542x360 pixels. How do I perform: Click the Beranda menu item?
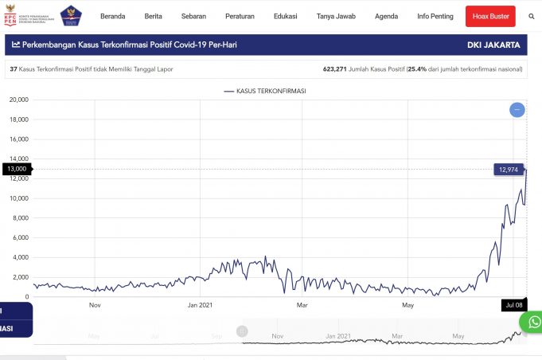coord(112,16)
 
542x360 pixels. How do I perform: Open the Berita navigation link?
coord(154,16)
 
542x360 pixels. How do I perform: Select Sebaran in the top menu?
coord(193,16)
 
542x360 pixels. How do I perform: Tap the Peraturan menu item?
coord(240,16)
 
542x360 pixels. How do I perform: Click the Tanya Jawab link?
coord(336,16)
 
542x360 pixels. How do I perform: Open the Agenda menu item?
coord(386,16)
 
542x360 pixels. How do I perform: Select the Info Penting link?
coord(435,16)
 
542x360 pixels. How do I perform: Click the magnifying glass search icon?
coord(531,16)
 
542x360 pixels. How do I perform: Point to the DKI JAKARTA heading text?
coord(495,45)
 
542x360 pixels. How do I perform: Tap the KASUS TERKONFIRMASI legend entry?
coord(265,92)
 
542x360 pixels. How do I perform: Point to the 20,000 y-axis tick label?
coord(18,100)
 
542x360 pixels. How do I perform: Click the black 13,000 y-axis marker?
coord(16,169)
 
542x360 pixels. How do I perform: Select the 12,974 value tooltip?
coord(508,169)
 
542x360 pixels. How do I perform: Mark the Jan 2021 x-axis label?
coord(200,304)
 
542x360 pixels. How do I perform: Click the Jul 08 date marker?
coord(513,304)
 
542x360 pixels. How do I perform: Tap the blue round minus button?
coord(517,109)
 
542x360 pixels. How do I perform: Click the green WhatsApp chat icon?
coord(531,321)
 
